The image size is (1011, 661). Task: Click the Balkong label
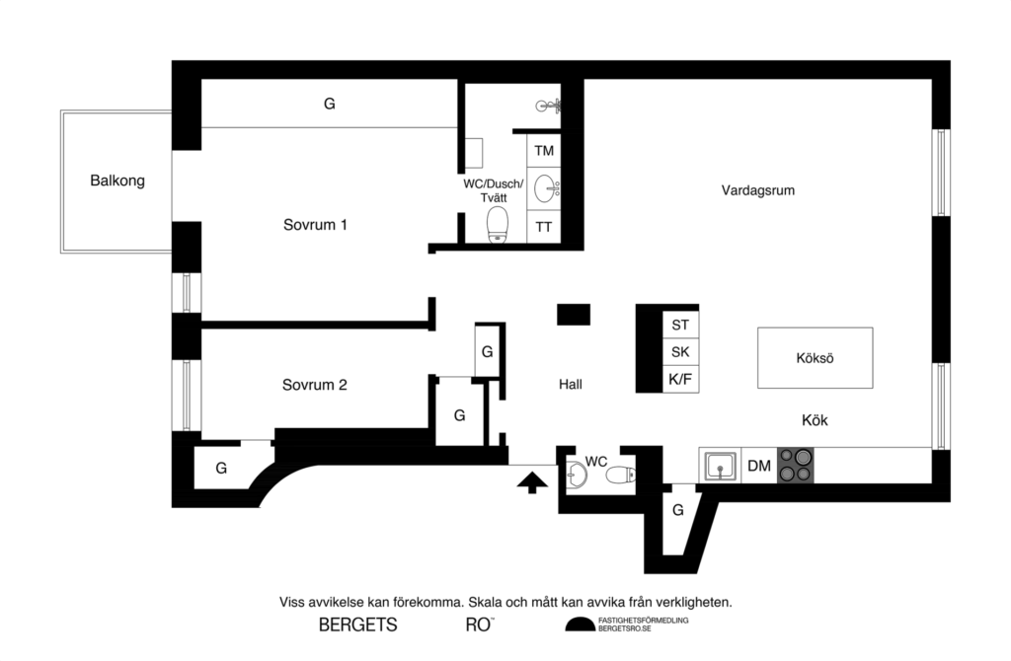(x=117, y=181)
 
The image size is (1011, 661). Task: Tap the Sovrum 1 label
(x=315, y=224)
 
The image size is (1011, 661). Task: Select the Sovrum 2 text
(x=314, y=385)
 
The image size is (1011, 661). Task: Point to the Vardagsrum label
(x=757, y=190)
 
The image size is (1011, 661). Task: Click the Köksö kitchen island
(x=815, y=357)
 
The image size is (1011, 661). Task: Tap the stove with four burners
(x=795, y=465)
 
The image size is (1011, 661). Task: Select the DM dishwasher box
(x=758, y=466)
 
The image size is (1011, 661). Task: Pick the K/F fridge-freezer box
(x=679, y=379)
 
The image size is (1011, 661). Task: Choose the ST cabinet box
(x=679, y=324)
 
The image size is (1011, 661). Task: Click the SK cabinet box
(x=679, y=351)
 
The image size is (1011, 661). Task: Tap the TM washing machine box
(x=544, y=151)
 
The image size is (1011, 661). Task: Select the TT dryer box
(x=544, y=227)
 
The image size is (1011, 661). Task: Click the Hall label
(x=570, y=385)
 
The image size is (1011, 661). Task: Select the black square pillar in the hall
(x=573, y=314)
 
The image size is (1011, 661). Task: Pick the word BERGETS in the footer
(x=357, y=624)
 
